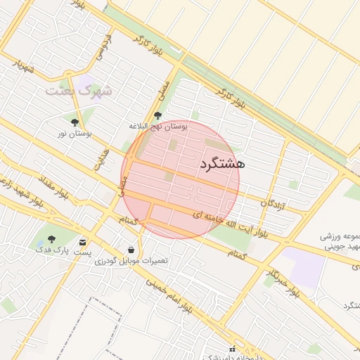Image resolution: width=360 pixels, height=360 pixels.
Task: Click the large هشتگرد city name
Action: [221, 164]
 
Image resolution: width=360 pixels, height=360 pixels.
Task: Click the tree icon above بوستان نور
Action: [75, 122]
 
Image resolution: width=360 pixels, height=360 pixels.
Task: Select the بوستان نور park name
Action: [75, 133]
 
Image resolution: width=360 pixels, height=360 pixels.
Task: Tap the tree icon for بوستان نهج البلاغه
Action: [157, 115]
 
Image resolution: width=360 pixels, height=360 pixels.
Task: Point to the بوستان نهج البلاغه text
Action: [157, 126]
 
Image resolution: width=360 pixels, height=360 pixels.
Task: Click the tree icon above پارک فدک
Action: [51, 240]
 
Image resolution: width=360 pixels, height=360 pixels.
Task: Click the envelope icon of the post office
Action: [84, 242]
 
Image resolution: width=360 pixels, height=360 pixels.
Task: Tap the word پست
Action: [83, 252]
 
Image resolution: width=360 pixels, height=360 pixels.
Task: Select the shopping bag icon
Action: [131, 250]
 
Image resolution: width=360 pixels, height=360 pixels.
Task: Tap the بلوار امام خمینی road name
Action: [169, 295]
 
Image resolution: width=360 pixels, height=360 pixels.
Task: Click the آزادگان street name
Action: [274, 202]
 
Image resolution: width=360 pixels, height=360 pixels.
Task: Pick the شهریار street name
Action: [22, 66]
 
